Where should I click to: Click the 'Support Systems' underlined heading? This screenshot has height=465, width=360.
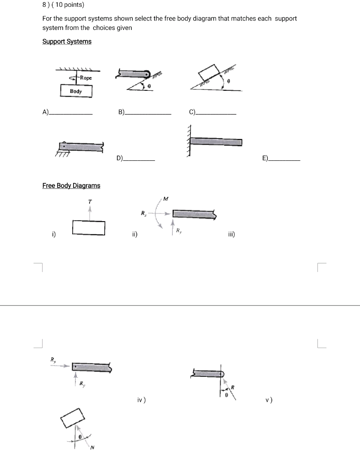pos(67,41)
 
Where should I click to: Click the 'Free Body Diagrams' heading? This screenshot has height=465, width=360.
pos(71,185)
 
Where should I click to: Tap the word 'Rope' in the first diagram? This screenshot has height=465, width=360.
pos(85,78)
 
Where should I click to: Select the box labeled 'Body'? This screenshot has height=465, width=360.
pos(76,91)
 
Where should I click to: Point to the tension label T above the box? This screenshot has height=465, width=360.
pos(90,201)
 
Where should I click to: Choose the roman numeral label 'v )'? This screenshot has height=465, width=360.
pos(269,400)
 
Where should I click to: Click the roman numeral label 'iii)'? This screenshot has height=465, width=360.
pos(231,234)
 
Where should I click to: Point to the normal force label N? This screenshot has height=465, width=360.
pos(93,448)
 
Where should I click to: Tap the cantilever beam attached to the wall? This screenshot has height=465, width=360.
pos(216,142)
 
